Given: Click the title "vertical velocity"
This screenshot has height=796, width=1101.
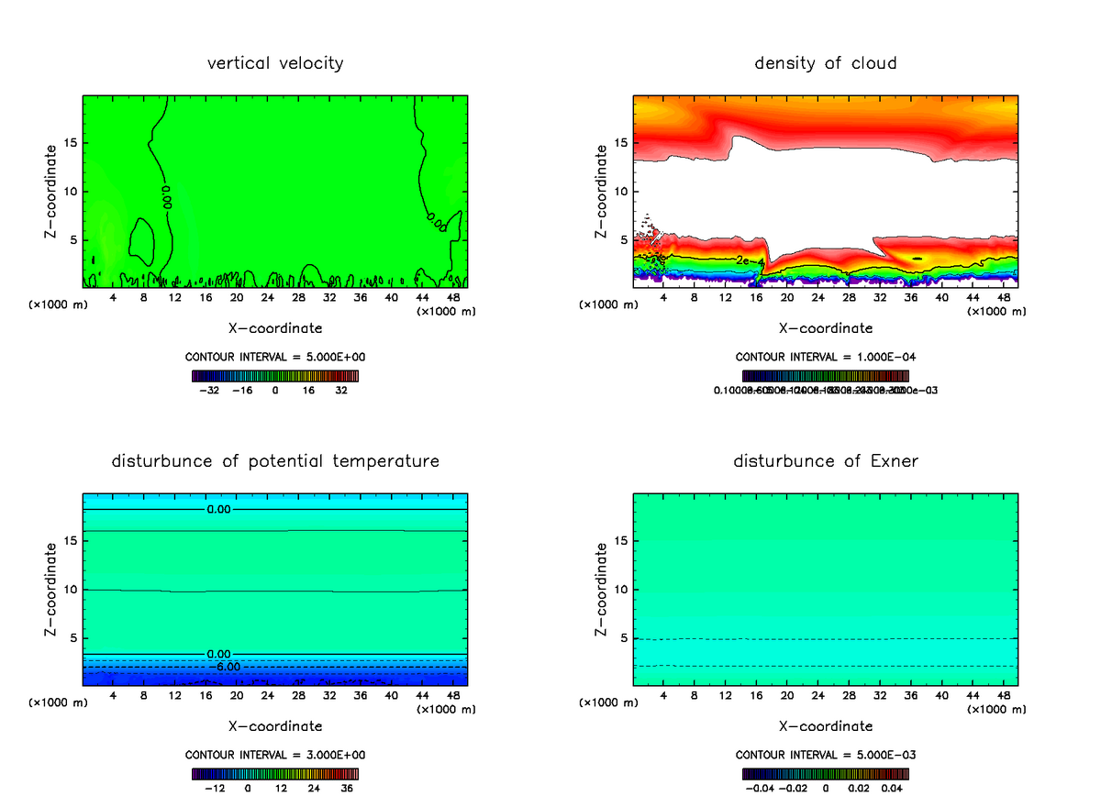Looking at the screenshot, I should click(x=275, y=63).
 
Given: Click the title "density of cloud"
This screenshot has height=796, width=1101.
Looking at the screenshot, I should click(x=826, y=63).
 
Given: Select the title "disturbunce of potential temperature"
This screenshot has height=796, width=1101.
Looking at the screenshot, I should click(x=275, y=460).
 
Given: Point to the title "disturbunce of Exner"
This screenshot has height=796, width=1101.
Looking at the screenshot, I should click(x=826, y=460).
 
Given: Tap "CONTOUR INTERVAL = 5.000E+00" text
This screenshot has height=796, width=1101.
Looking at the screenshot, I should click(x=275, y=356).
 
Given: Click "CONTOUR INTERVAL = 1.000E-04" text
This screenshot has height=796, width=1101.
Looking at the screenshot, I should click(x=826, y=356).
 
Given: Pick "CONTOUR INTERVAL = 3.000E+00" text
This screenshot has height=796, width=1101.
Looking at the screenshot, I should click(x=275, y=755).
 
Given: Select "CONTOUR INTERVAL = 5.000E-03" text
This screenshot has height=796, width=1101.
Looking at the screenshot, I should click(x=826, y=755).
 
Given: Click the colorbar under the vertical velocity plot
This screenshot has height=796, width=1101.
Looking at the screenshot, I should click(x=275, y=375).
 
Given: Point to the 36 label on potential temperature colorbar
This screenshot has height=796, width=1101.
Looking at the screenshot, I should click(x=348, y=787).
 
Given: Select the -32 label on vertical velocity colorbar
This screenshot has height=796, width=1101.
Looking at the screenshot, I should click(x=211, y=390).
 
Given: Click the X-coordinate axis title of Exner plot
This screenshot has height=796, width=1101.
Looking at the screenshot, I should click(x=826, y=725).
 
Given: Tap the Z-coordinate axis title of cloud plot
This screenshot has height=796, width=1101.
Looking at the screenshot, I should click(x=602, y=193).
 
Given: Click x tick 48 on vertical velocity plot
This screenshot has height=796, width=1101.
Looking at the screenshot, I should click(x=452, y=297).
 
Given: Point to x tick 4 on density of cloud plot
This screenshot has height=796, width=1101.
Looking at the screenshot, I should click(x=663, y=297).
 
